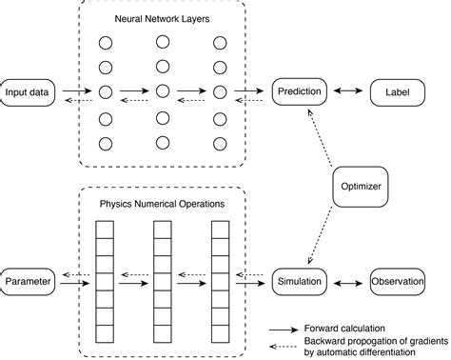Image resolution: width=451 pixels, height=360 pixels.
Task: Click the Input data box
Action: (x=29, y=92)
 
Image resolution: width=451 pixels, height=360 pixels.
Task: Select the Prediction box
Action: (x=301, y=92)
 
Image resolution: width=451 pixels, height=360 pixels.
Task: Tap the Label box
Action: (x=396, y=92)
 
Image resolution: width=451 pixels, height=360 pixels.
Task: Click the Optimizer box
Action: (x=362, y=188)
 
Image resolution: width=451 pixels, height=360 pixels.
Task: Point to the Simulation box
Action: (x=301, y=283)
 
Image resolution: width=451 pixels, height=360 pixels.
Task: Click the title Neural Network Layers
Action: (x=162, y=17)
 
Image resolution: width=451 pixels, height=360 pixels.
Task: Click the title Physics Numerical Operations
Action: (x=162, y=204)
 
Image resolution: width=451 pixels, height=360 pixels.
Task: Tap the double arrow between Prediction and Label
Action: (x=348, y=92)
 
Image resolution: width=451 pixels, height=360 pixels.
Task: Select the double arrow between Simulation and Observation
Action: (x=347, y=283)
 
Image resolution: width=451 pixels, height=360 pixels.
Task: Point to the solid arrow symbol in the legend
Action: (x=282, y=327)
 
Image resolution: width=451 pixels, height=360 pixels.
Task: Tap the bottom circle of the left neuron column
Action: (x=106, y=144)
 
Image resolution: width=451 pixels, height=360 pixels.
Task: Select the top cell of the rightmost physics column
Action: (x=220, y=229)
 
